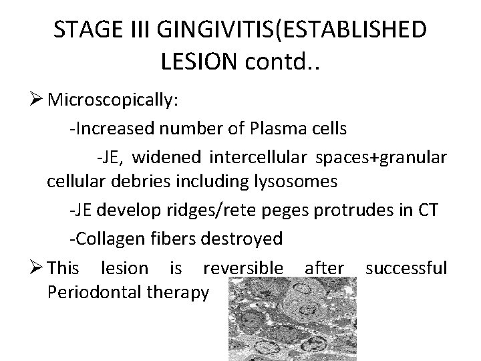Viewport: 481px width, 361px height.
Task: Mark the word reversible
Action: tap(243, 269)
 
